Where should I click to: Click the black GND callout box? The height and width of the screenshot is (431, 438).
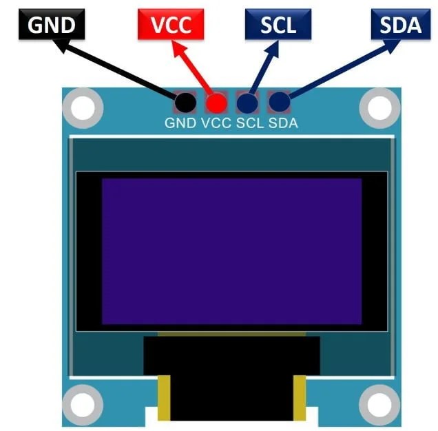(52, 25)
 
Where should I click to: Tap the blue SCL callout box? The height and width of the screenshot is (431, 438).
(278, 25)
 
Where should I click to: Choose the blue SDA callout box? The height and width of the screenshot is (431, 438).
(401, 25)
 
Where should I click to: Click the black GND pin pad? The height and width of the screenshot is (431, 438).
(185, 103)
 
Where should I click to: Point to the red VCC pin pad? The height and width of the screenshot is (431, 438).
(216, 103)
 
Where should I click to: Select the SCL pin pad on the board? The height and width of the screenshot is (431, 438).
(247, 103)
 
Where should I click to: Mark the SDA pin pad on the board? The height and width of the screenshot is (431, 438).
(278, 103)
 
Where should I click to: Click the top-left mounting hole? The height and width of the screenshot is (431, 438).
(83, 107)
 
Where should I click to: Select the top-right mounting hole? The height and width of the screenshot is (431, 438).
(379, 107)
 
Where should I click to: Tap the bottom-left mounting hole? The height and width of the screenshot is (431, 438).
(83, 403)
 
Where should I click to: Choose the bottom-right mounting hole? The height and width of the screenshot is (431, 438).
(379, 403)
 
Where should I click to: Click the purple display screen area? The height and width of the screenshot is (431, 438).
(231, 251)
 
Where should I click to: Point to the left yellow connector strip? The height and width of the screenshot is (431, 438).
(164, 398)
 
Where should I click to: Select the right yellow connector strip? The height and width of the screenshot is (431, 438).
(300, 398)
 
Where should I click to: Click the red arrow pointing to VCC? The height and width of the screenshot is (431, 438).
(196, 68)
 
